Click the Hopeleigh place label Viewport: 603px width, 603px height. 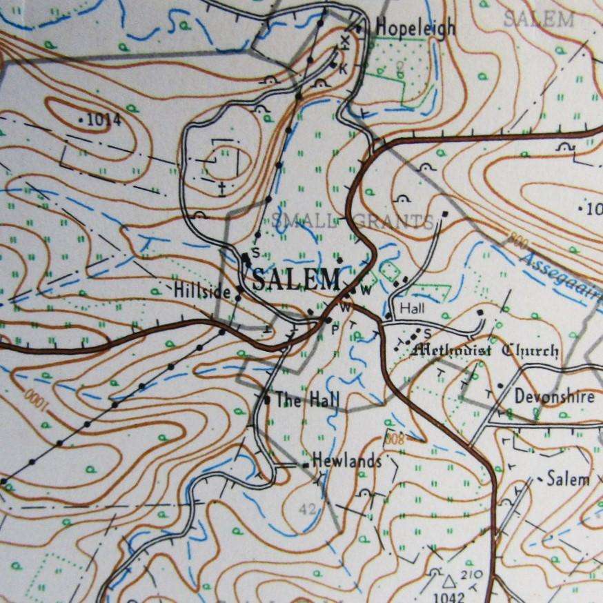[x=415, y=28]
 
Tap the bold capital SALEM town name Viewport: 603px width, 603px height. [x=296, y=279]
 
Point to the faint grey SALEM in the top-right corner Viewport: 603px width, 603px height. [x=538, y=19]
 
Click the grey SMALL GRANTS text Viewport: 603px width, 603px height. [x=353, y=221]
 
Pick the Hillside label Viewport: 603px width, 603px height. [x=201, y=291]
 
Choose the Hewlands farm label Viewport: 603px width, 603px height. [x=346, y=461]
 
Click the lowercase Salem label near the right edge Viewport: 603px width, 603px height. [x=568, y=479]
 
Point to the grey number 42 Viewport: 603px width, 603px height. [x=309, y=508]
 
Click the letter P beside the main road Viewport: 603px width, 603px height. [x=335, y=328]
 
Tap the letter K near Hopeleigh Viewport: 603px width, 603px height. [x=342, y=67]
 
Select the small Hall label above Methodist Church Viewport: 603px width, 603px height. [x=412, y=308]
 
